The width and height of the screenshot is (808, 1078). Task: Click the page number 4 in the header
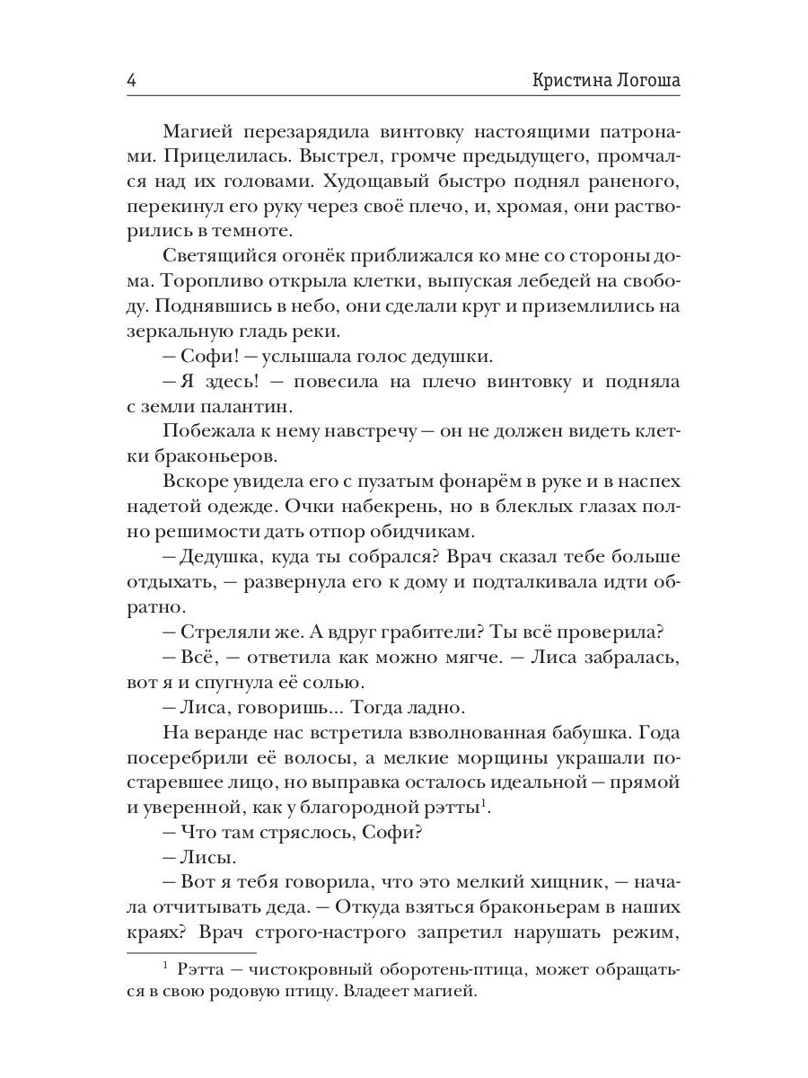[132, 80]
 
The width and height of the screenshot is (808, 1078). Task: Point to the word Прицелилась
[210, 157]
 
